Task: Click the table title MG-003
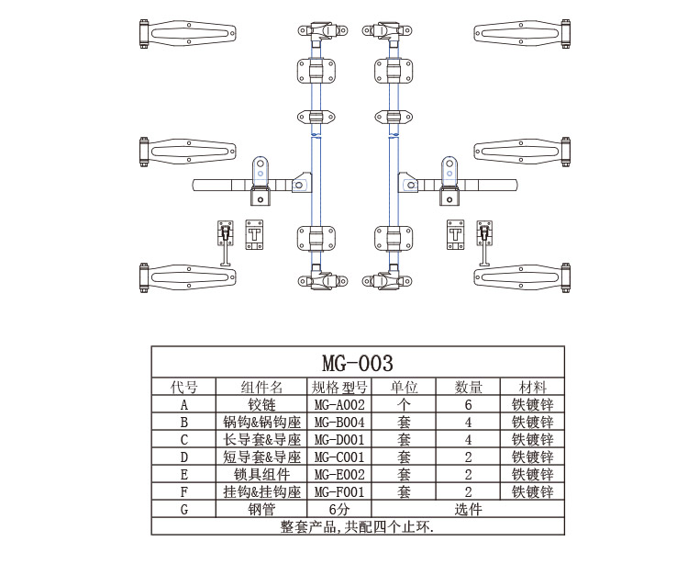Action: point(357,362)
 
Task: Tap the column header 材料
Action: point(532,387)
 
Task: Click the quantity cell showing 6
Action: point(468,404)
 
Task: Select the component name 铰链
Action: point(261,404)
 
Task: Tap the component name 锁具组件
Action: point(261,475)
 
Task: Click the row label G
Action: point(184,510)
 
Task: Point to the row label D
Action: point(184,457)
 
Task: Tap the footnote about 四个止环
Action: point(357,527)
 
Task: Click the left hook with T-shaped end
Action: point(224,243)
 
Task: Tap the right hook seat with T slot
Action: point(456,234)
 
